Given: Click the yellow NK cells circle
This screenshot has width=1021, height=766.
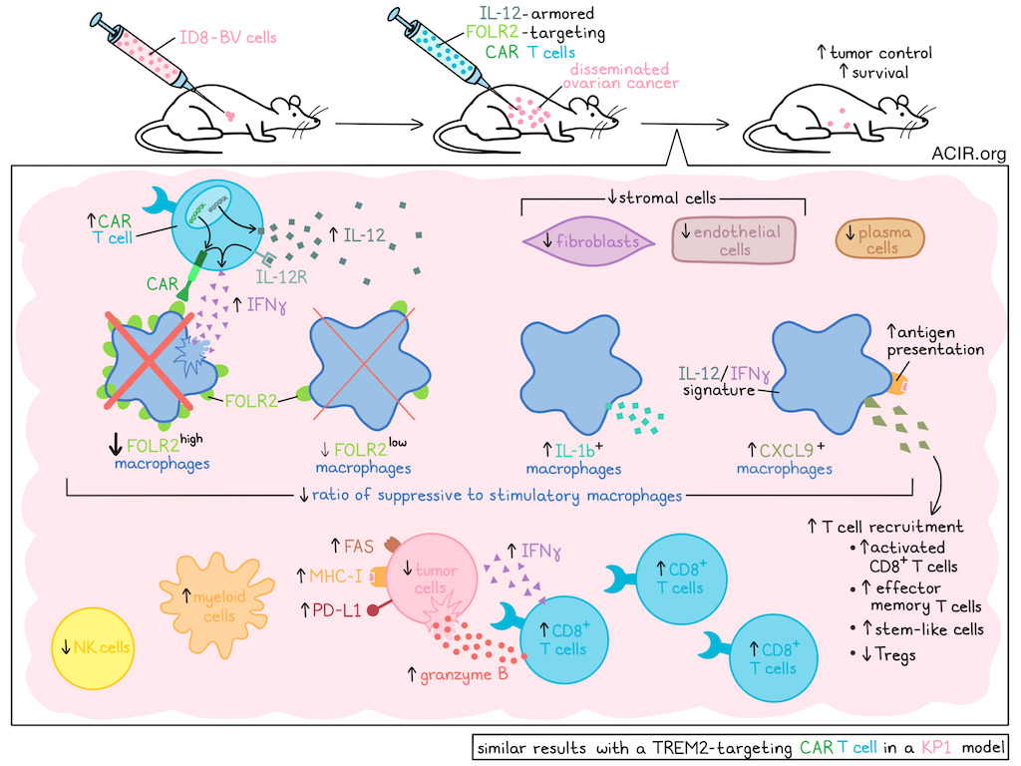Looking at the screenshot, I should pyautogui.click(x=96, y=647).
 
